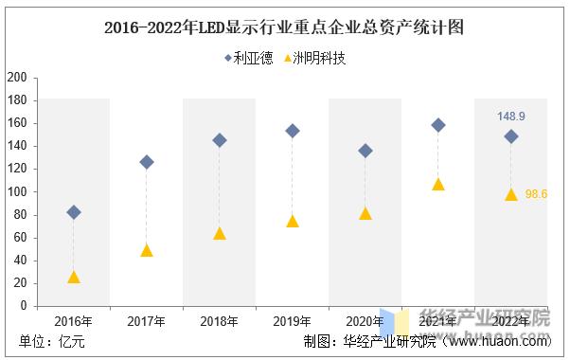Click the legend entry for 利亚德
248,59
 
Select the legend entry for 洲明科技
315,59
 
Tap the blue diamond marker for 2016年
74,212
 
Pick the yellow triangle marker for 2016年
74,278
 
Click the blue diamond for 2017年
147,162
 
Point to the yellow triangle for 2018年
220,233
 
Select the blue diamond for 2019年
293,131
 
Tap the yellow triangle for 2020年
365,214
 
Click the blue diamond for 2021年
437,125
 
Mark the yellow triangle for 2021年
437,185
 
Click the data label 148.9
511,117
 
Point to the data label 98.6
537,193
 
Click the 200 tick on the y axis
16,78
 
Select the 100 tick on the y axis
16,191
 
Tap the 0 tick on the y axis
23,306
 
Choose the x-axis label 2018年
220,321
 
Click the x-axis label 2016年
74,321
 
